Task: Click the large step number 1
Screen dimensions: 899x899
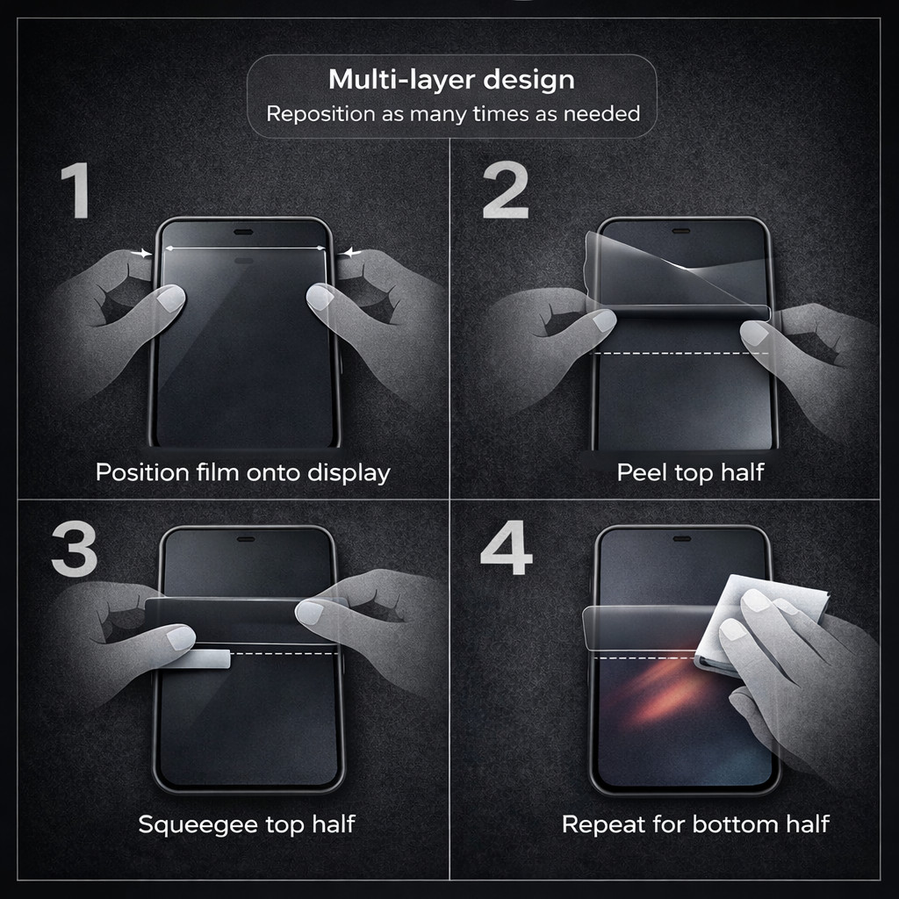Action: tap(76, 190)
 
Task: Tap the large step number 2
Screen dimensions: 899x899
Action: tap(505, 190)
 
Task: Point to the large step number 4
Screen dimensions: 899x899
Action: tap(507, 548)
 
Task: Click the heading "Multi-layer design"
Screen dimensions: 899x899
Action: tap(451, 80)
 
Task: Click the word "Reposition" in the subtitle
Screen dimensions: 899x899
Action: tap(320, 114)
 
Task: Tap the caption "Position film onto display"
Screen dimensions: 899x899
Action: tap(243, 473)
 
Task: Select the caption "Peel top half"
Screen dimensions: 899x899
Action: tap(690, 472)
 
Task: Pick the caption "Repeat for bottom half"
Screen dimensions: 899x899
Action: tap(695, 824)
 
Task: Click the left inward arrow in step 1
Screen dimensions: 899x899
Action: tap(141, 253)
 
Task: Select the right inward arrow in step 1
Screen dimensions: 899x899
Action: tap(349, 252)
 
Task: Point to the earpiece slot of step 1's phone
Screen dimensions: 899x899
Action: tap(244, 232)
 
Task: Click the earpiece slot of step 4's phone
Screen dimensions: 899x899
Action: tap(681, 539)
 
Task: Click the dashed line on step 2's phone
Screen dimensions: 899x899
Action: tap(680, 353)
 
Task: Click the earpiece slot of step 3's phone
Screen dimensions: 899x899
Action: tap(246, 540)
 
